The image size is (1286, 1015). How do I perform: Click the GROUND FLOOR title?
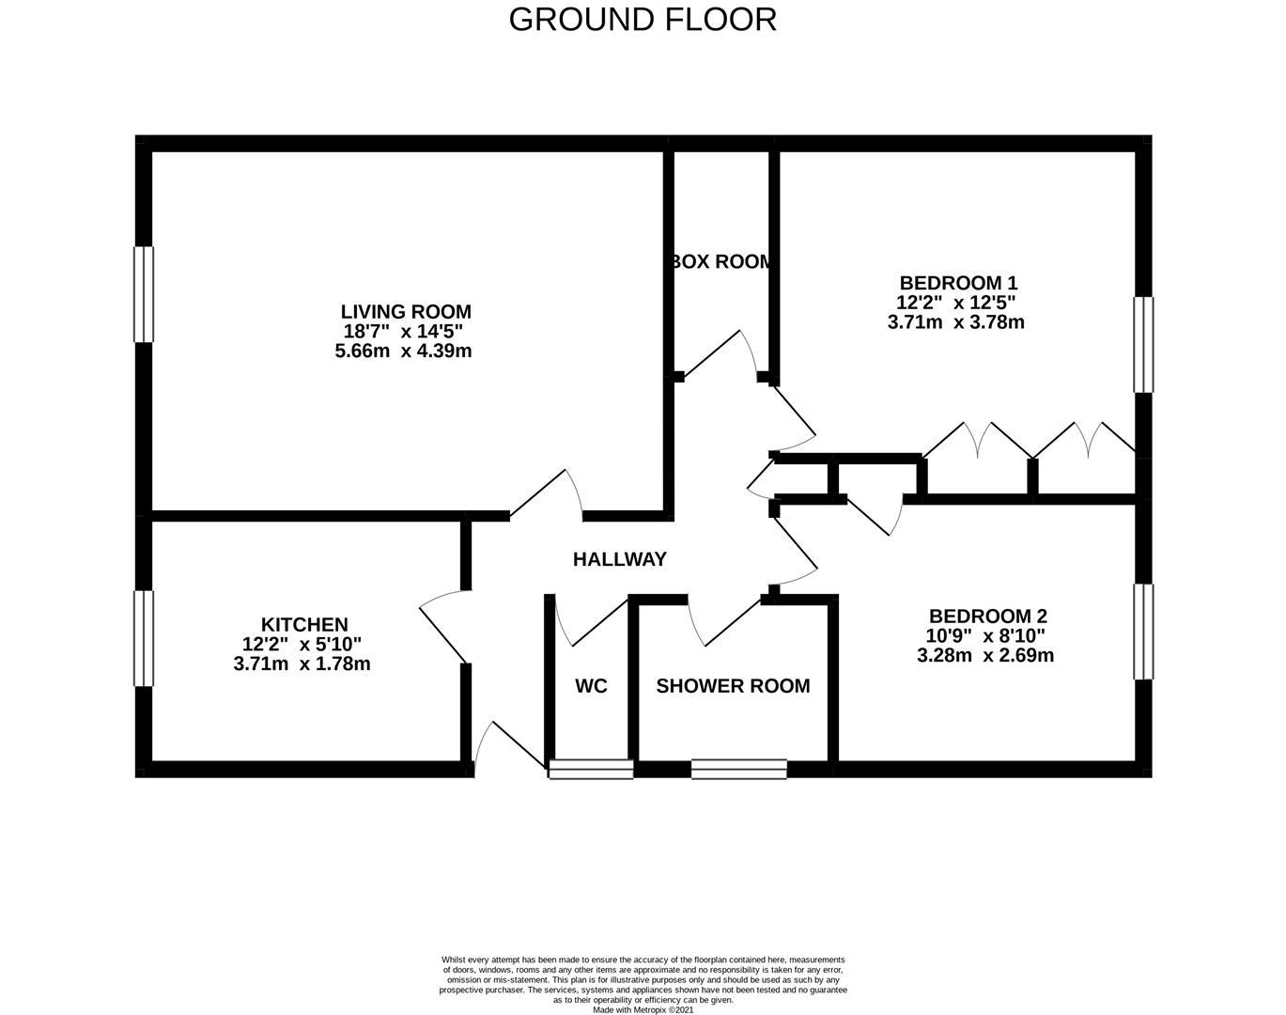coord(643,20)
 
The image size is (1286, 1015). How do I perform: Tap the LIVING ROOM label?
coord(406,312)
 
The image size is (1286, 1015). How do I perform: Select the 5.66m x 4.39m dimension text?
coord(403,351)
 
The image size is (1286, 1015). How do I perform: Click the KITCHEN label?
coord(304,624)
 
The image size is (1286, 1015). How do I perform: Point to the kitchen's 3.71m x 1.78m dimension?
coord(302,664)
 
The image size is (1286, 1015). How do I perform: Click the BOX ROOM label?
coord(721,261)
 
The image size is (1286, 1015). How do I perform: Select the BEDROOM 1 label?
coord(958,282)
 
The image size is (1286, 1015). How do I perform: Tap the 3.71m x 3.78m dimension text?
coord(956,322)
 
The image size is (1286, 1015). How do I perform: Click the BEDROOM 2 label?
coord(988,617)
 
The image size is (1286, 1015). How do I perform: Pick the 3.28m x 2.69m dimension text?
coord(985,655)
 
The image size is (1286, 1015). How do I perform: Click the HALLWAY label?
coord(620,559)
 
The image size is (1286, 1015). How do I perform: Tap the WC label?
coord(591,686)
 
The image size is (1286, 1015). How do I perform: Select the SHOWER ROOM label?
coord(734,686)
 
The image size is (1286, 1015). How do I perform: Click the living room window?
coord(144,294)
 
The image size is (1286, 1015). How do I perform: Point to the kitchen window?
coord(144,638)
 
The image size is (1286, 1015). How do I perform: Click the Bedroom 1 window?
coord(1144,345)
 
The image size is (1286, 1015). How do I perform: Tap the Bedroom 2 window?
coord(1144,632)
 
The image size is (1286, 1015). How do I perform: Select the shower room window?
coord(739,769)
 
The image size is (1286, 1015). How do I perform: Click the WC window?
coord(591,769)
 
